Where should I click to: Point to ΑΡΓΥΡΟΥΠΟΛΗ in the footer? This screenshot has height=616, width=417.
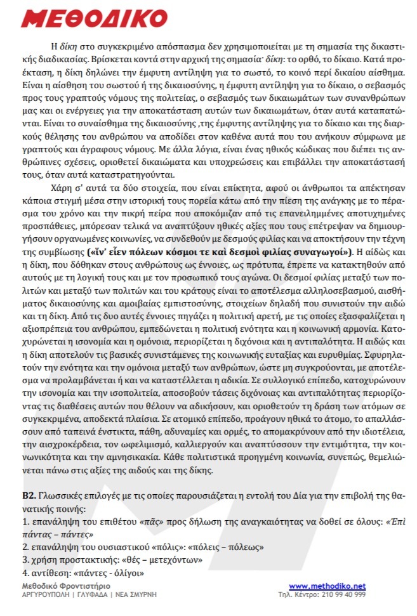(47, 594)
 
